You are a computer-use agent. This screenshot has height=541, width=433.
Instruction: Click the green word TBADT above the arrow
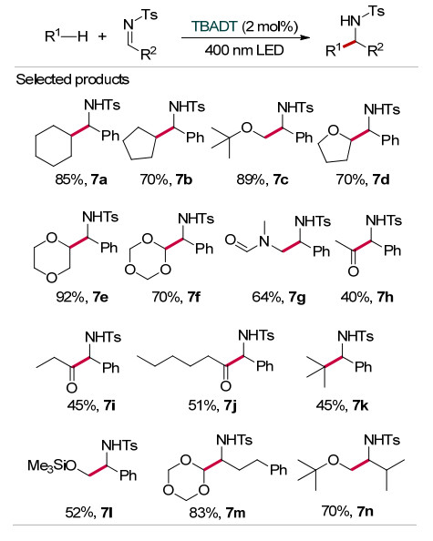point(214,26)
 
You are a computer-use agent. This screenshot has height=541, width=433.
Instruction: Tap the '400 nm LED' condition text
point(244,50)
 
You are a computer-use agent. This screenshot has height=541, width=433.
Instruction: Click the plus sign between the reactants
point(102,36)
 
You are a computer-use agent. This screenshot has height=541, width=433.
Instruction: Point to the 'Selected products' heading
point(73,79)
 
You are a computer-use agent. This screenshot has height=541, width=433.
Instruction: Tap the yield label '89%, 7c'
point(263,179)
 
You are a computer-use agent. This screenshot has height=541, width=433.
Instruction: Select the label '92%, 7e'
point(82,297)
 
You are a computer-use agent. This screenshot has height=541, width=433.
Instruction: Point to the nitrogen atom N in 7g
point(264,240)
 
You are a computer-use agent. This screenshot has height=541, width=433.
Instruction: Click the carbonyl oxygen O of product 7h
point(353,271)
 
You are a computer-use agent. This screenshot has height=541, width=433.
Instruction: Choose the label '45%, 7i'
point(91,405)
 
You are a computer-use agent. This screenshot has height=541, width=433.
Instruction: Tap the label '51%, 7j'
point(212,405)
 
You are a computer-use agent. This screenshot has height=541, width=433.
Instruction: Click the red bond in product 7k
point(334,362)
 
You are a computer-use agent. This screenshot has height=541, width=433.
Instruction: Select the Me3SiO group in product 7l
point(52,465)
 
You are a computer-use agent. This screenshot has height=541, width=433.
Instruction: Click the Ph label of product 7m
point(278,470)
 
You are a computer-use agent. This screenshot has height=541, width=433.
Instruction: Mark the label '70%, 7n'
point(347,511)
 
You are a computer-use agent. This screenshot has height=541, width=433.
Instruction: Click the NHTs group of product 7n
point(382,440)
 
